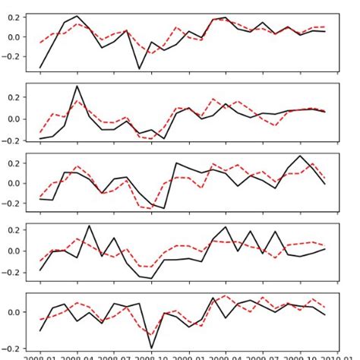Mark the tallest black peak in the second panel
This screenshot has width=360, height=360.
[77, 86]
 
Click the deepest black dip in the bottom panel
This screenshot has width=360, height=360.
[152, 348]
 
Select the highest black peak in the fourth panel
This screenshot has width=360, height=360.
[90, 226]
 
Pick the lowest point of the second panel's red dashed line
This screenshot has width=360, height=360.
[152, 139]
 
